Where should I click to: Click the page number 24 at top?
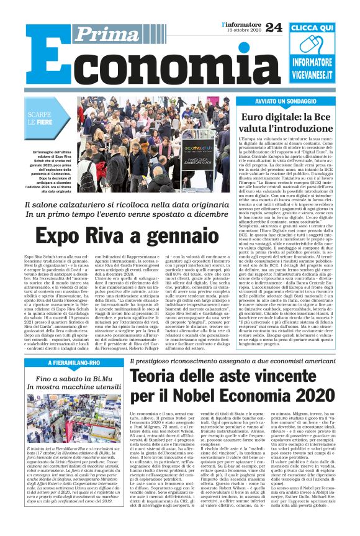[x=273, y=27]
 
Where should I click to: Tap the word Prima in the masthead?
[x=102, y=35]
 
